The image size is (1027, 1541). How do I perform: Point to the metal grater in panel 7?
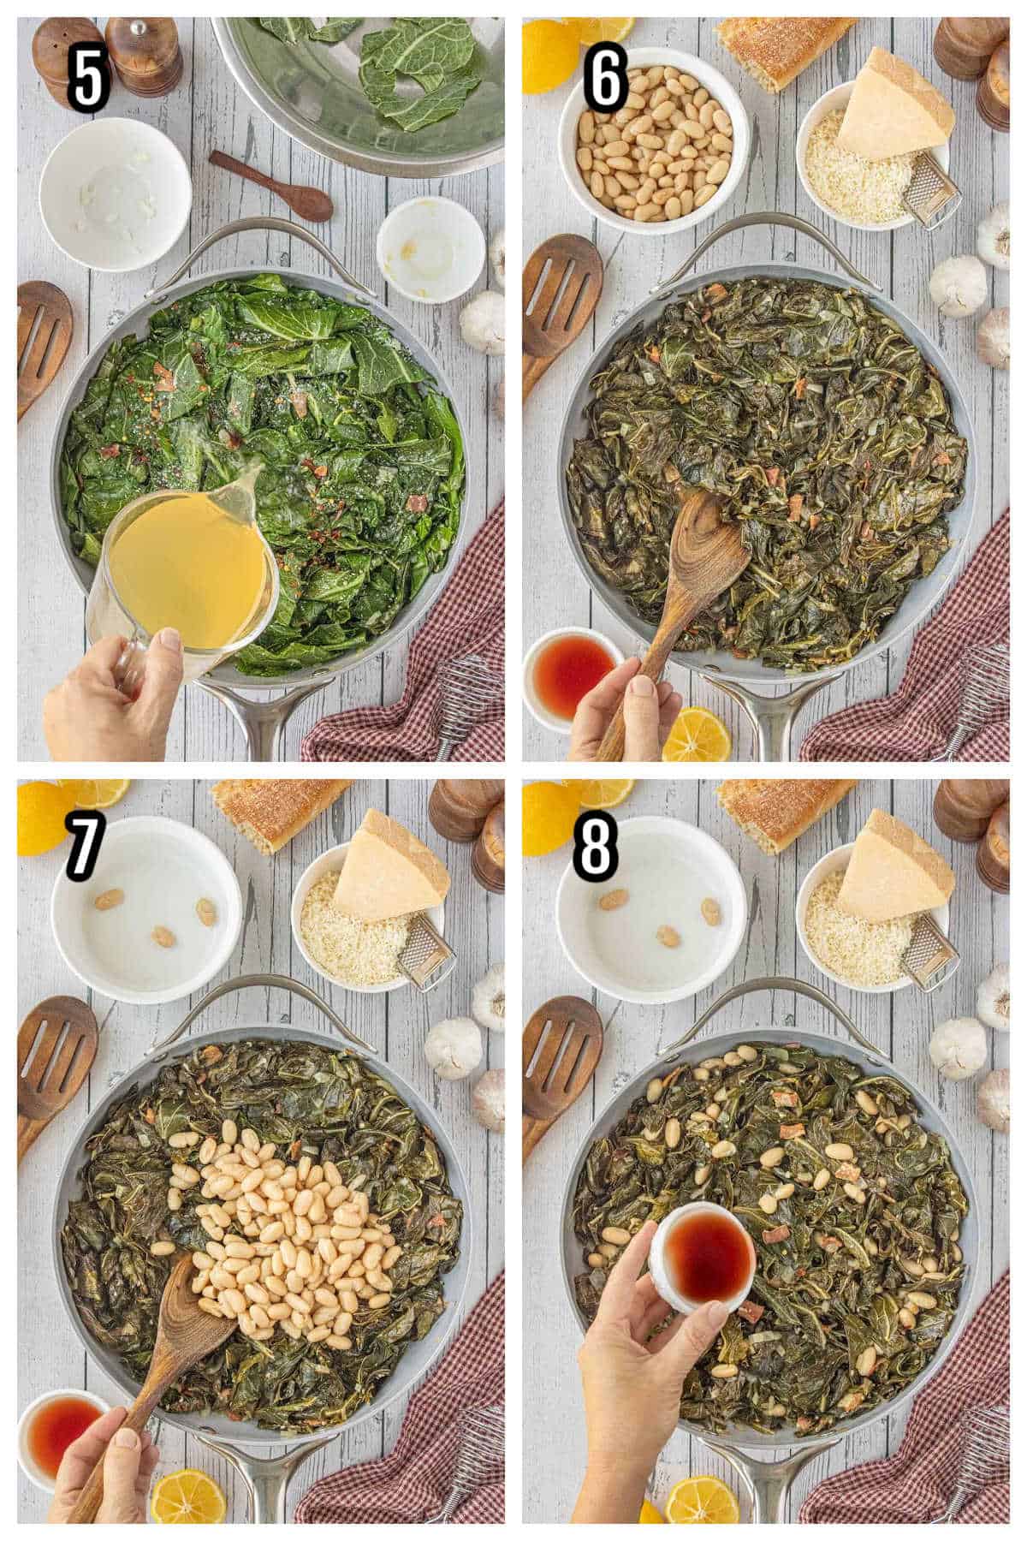click(x=419, y=955)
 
